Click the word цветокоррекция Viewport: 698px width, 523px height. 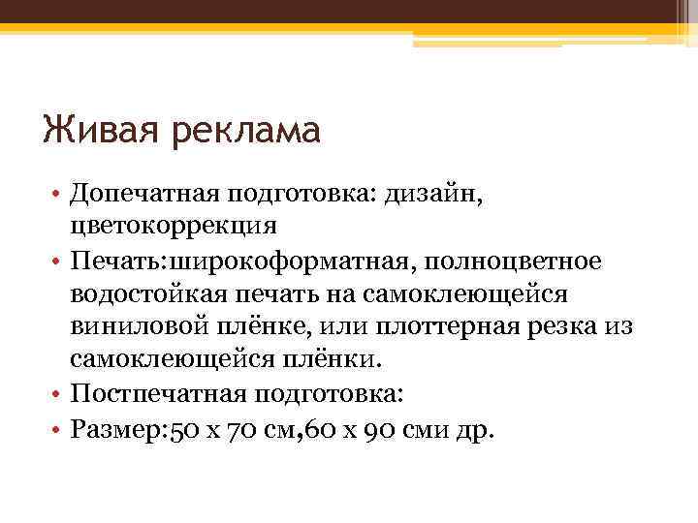[173, 227]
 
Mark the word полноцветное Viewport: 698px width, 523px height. [519, 261]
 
